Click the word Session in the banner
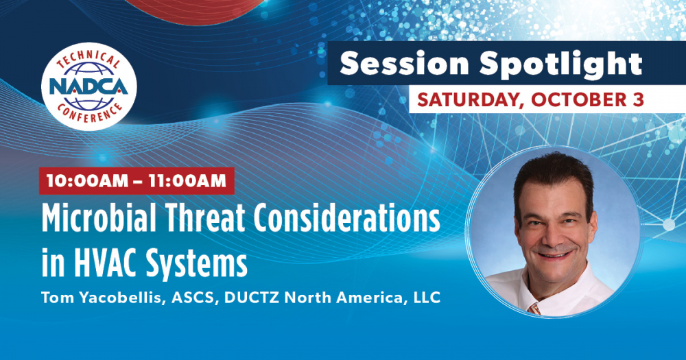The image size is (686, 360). point(404,63)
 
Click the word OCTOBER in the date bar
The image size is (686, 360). point(578,99)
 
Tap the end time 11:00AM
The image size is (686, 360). point(187,180)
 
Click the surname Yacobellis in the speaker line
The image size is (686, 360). point(121,298)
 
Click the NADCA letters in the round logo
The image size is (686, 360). point(88,86)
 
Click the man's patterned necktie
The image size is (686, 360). point(534,309)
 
